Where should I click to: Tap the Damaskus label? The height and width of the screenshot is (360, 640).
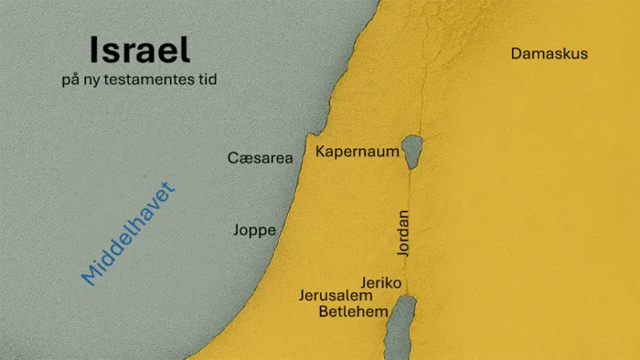coord(549,54)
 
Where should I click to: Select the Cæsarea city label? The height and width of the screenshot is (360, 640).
coord(260,158)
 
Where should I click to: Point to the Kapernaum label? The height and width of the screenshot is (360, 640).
coord(357,151)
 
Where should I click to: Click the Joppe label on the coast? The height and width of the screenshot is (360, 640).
coord(255,230)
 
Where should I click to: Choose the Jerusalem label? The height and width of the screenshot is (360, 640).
coord(336,296)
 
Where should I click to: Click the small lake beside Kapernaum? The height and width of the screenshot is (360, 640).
coord(412,146)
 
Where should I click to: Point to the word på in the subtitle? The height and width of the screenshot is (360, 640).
coord(70,81)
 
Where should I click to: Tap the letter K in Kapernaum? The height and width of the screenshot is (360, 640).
coord(321,151)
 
